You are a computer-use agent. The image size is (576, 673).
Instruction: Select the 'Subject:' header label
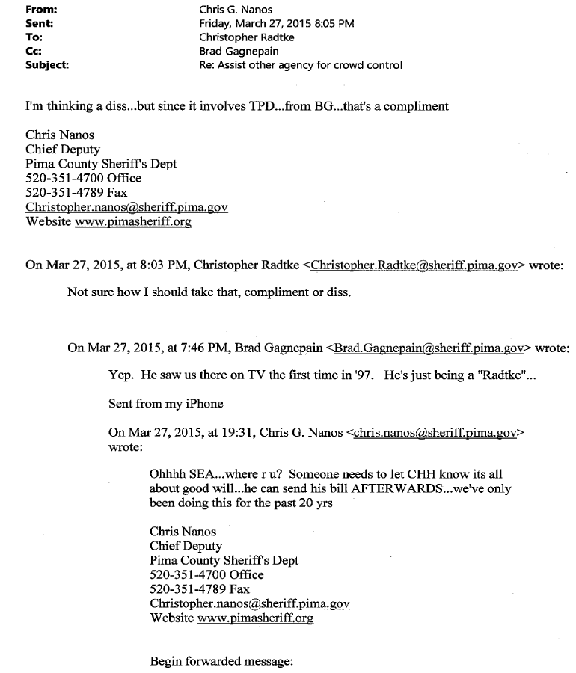coord(47,64)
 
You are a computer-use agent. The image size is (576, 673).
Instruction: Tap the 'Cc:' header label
coord(34,51)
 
